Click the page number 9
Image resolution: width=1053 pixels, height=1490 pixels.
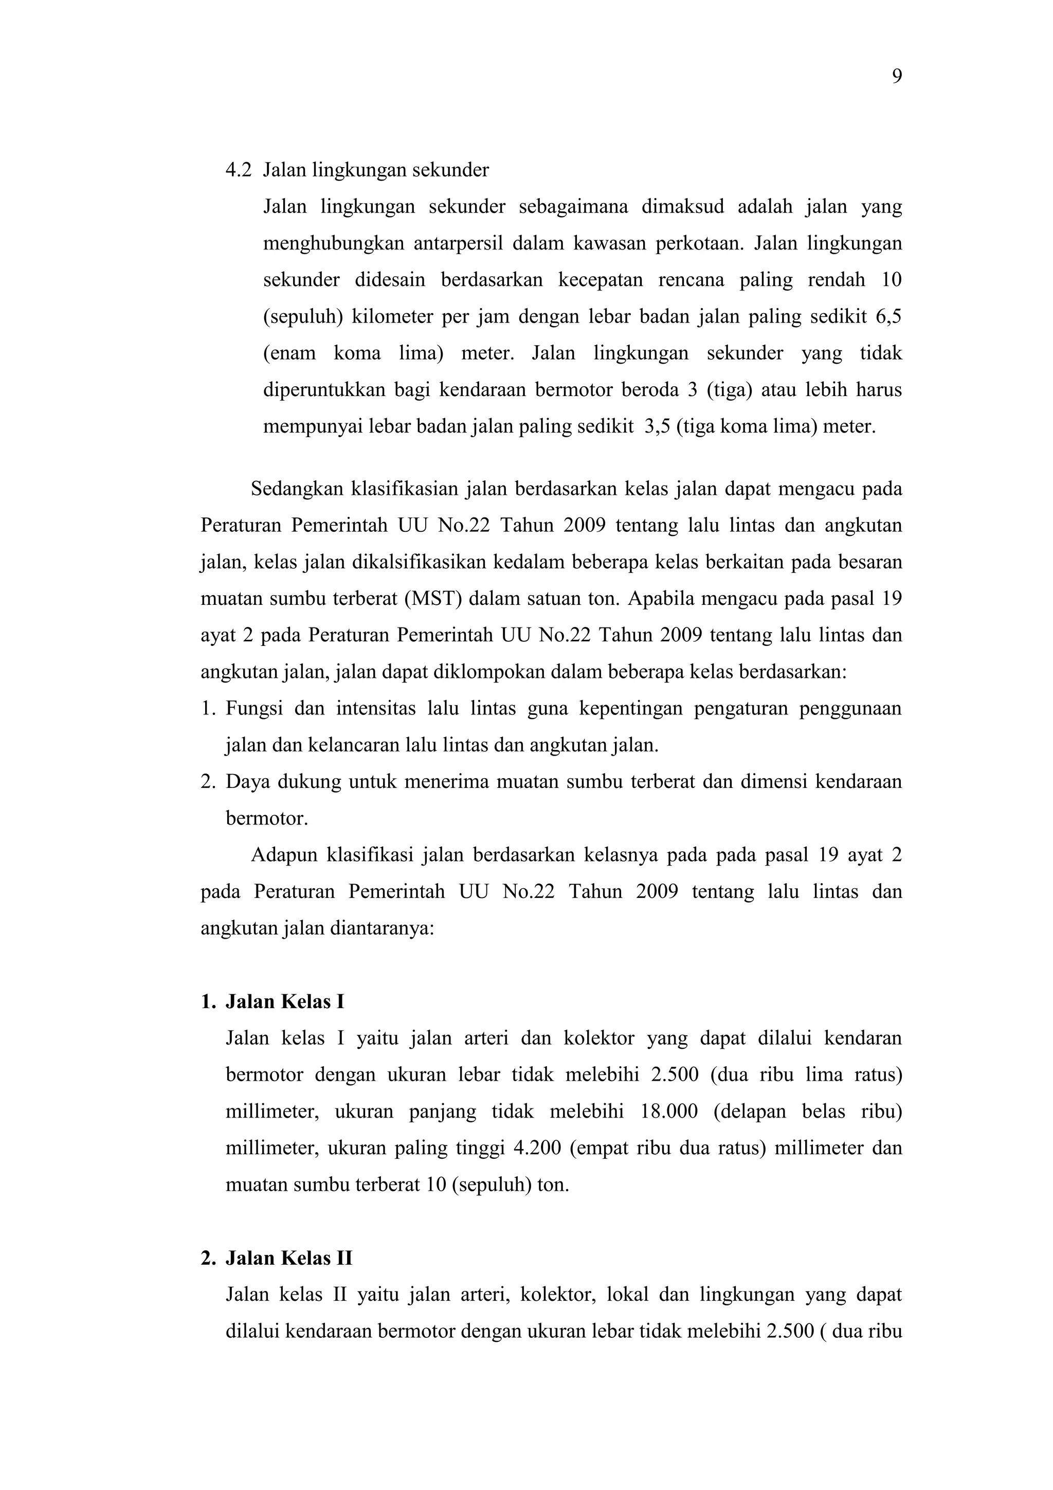[x=897, y=77]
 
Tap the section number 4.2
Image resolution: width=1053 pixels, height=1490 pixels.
[x=238, y=171]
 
